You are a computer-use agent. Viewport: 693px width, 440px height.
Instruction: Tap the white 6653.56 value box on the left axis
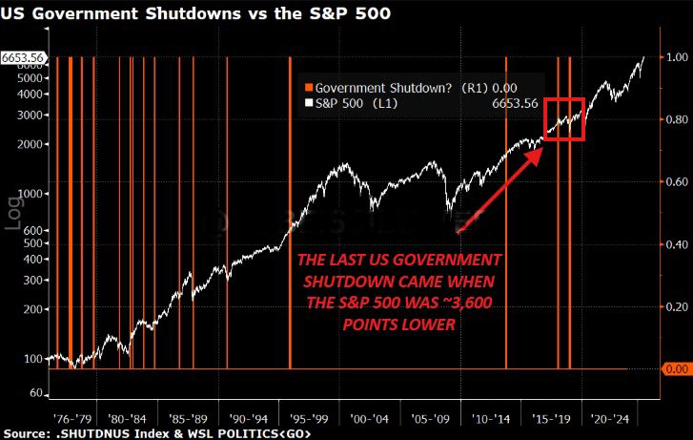[22, 57]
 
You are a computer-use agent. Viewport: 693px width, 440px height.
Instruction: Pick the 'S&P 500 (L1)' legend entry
[354, 101]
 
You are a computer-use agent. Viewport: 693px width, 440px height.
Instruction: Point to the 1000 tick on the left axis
[31, 194]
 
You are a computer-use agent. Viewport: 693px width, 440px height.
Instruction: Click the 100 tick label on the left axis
[34, 359]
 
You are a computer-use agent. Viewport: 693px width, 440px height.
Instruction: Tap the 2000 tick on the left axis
[31, 144]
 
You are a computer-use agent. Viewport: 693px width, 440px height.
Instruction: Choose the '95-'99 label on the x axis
[311, 418]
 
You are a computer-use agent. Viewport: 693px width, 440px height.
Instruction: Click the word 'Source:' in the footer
[24, 432]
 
